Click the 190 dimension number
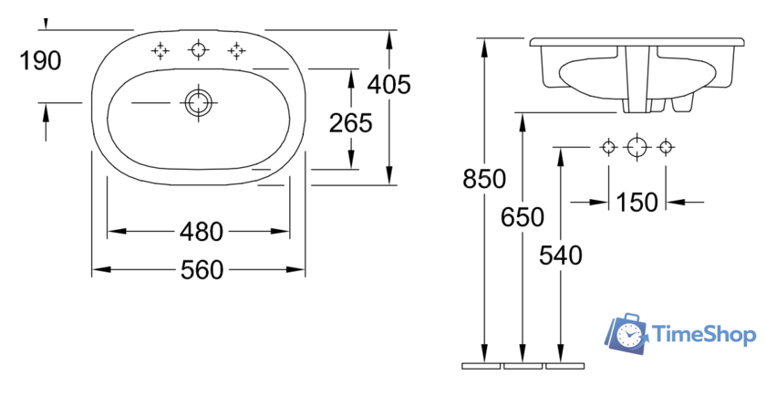tap(40, 60)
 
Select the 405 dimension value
tap(388, 84)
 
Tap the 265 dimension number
tap(351, 122)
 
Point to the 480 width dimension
tap(202, 231)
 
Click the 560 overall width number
tap(202, 270)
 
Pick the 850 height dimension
tap(484, 179)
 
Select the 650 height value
tap(523, 216)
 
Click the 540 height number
tap(560, 256)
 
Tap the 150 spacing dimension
tap(637, 202)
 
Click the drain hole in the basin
tap(199, 102)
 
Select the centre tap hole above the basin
tap(199, 50)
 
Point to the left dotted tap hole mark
tap(160, 50)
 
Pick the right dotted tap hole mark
tap(236, 50)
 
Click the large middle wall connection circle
tap(637, 147)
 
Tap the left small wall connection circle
tap(609, 147)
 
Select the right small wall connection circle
tap(666, 147)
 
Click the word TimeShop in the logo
tap(704, 335)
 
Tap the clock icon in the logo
tap(628, 336)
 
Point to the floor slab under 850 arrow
tap(481, 366)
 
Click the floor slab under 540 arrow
tap(565, 366)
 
